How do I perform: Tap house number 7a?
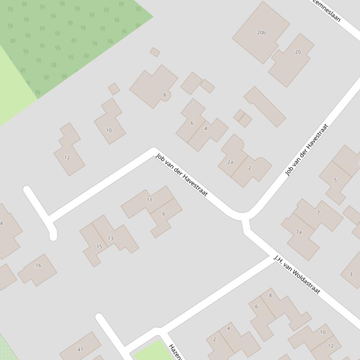point(299,232)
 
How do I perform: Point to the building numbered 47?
point(80,349)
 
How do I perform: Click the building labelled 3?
point(351,274)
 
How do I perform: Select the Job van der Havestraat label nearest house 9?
point(181,175)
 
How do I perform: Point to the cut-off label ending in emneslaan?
point(327,10)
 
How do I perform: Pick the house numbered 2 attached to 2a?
point(250,168)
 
